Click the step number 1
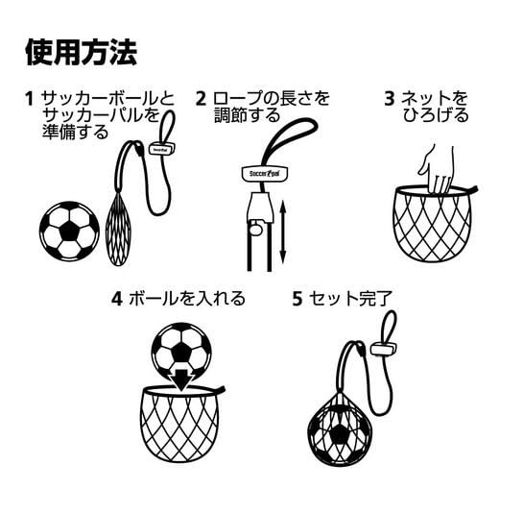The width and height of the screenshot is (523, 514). pos(30,99)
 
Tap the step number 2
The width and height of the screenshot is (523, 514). pos(201,99)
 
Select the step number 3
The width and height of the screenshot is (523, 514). pos(389,98)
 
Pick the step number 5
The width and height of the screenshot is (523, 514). pos(297,299)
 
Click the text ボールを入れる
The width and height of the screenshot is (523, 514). pos(187,299)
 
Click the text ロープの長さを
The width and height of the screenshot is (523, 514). pos(273,99)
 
